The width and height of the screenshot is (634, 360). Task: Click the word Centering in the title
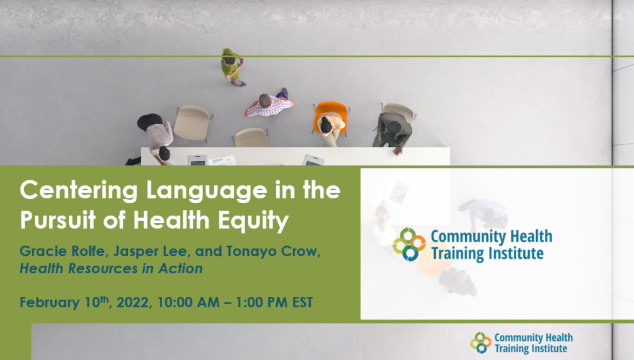click(x=79, y=190)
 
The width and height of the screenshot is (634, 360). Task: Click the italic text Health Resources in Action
click(x=111, y=268)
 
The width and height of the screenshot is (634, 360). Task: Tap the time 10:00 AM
click(x=188, y=302)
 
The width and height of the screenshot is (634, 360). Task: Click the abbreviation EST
click(x=302, y=302)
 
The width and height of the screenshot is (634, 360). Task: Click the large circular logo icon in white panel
click(x=409, y=244)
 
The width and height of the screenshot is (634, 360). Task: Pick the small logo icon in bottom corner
click(x=480, y=343)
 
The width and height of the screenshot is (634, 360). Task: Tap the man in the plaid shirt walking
click(x=269, y=103)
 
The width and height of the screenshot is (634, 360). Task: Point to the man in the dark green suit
click(x=393, y=131)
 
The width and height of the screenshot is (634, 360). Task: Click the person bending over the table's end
click(x=154, y=138)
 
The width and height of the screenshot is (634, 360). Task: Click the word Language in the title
click(x=207, y=190)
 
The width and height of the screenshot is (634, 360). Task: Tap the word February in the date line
click(x=50, y=302)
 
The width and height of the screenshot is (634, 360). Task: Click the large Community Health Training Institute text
click(x=491, y=245)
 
